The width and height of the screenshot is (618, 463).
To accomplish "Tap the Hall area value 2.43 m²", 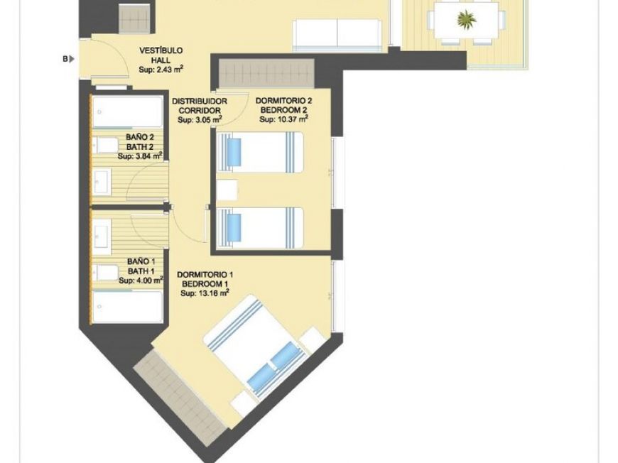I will coord(161,70).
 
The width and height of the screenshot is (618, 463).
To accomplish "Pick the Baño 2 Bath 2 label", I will coord(140,141).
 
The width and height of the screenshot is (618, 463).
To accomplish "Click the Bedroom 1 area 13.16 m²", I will coord(205,292).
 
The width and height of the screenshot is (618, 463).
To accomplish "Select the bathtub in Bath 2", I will coord(128,112).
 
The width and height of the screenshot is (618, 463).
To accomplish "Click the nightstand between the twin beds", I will coord(227,190).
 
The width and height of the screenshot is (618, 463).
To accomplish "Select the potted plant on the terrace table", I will coord(467,19).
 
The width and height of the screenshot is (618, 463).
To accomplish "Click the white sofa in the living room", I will coord(338,33).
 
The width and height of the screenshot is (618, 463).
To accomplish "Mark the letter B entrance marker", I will coord(65,59).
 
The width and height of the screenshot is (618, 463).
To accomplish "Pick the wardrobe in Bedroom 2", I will coord(265,74).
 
